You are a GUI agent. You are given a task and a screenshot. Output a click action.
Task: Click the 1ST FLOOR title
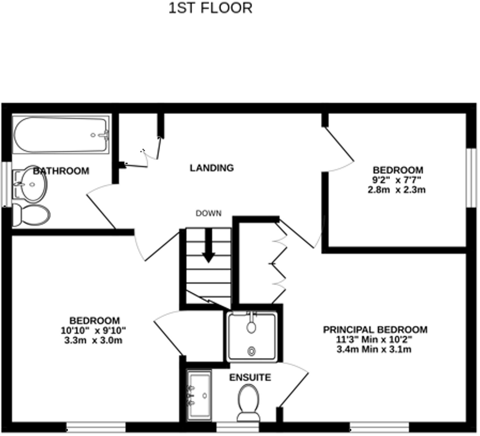[x=210, y=8]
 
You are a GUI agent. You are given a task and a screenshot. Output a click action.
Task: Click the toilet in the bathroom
[x=31, y=214]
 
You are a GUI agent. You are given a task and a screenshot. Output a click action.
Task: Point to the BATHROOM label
[x=61, y=171]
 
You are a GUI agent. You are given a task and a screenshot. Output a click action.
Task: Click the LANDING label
[x=211, y=168]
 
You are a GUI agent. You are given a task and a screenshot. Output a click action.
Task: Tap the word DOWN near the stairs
[x=208, y=213]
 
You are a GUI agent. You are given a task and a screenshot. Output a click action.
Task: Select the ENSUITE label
[x=250, y=377]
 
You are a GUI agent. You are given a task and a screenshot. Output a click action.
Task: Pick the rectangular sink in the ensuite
[x=199, y=396]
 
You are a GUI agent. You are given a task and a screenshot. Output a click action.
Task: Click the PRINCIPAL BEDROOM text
[x=375, y=330]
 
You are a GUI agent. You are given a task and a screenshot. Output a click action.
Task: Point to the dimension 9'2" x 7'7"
[x=397, y=180]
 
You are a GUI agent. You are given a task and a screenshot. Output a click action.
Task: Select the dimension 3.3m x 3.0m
[x=93, y=340]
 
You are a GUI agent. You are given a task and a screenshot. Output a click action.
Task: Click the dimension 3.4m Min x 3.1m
[x=374, y=349]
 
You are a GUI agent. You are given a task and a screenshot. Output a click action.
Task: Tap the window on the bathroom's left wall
[x=6, y=184]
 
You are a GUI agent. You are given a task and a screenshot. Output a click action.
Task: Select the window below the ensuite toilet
[x=237, y=427]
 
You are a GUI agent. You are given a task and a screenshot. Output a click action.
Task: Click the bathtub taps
[x=105, y=135]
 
